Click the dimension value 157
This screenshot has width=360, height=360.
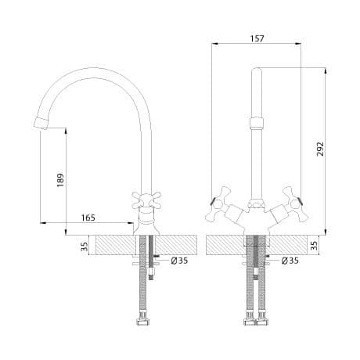click(x=257, y=38)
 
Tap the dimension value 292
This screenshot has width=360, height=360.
click(x=320, y=149)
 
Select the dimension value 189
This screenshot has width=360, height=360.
click(x=60, y=180)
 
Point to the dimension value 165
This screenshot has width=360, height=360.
click(x=88, y=218)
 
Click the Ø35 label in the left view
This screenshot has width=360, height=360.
click(x=179, y=261)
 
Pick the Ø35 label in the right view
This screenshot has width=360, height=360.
click(x=290, y=261)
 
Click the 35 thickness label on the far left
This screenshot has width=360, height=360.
click(x=85, y=247)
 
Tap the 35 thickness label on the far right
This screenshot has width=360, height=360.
click(x=315, y=246)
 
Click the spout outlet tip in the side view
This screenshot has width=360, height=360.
click(x=41, y=123)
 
